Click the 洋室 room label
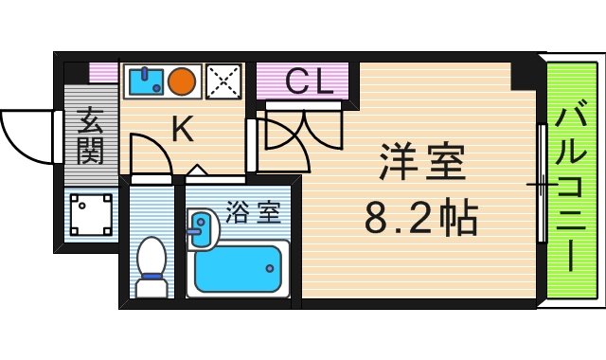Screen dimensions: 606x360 (422, 164)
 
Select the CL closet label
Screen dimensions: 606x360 (309, 83)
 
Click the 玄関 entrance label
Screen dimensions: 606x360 (91, 136)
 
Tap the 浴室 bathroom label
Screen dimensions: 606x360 (253, 212)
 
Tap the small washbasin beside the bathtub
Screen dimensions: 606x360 (201, 228)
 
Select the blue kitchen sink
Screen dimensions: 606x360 (146, 81)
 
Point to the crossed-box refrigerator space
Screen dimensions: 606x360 (224, 81)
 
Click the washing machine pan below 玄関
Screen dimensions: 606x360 (92, 216)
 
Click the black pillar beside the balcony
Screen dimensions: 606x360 (525, 74)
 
